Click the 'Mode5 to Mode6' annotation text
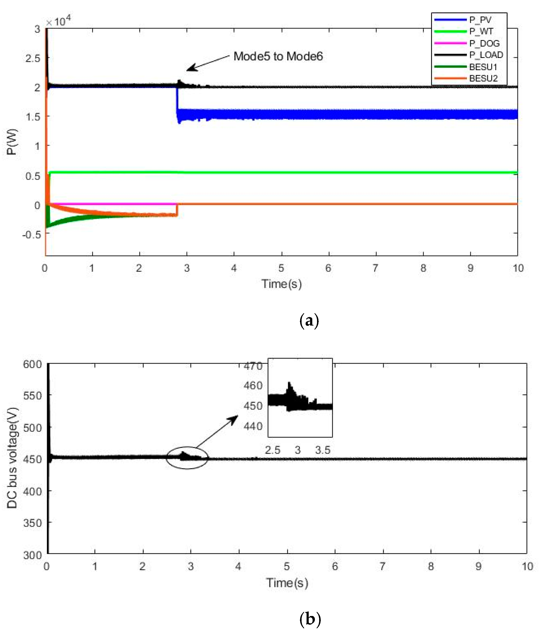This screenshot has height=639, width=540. coord(278,56)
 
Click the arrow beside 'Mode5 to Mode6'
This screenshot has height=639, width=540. coord(208,63)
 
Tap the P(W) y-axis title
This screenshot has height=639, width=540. coord(12,142)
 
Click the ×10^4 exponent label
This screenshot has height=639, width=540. coord(58,21)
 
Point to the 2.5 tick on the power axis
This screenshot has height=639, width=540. coord(33,58)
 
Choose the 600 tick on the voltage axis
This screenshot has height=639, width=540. coord(33,364)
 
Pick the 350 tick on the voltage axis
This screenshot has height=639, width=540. coord(33,523)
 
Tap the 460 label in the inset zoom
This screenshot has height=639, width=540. coord(253,385)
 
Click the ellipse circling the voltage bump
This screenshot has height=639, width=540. coord(187,458)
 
